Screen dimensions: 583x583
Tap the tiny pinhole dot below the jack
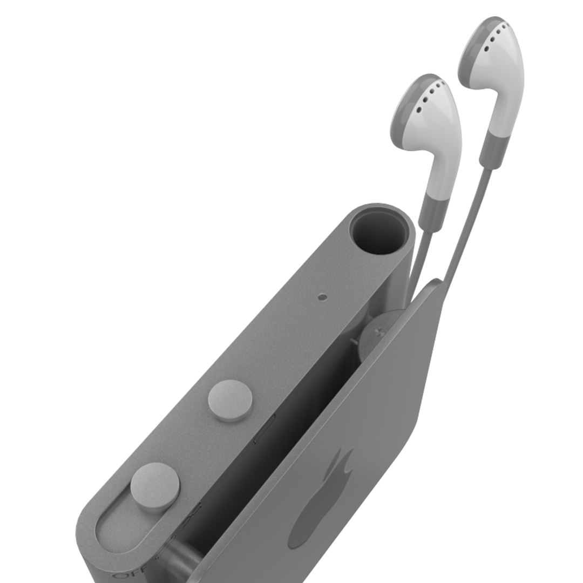(x=323, y=296)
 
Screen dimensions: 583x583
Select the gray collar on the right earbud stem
(x=493, y=148)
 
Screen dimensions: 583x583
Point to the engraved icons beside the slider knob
(x=194, y=510)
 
